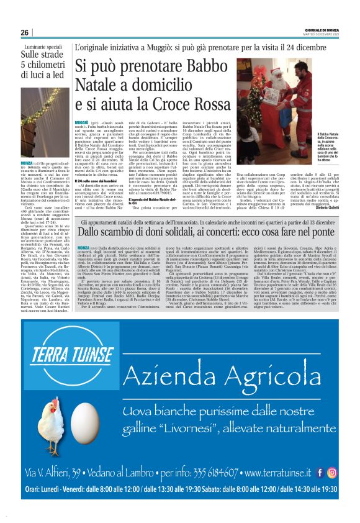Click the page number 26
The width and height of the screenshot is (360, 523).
coord(24,32)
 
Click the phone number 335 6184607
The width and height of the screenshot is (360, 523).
coord(204,475)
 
